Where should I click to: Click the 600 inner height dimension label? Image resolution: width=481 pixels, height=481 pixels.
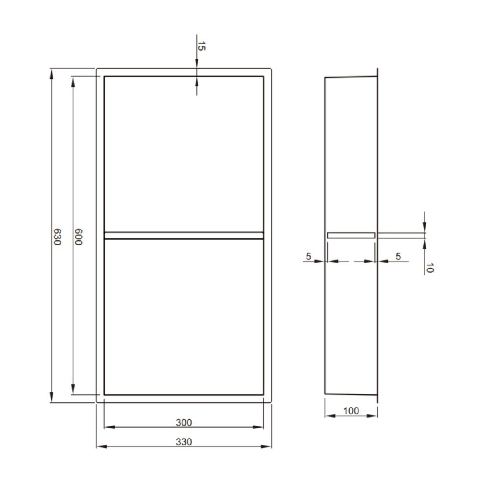pyautogui.click(x=79, y=237)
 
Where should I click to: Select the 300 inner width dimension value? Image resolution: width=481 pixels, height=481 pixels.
pyautogui.click(x=184, y=422)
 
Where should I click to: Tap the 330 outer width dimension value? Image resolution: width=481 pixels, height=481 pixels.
pyautogui.click(x=184, y=442)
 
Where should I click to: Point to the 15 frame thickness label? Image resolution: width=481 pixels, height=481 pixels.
pyautogui.click(x=201, y=46)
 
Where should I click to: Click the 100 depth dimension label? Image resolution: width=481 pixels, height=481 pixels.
pyautogui.click(x=351, y=411)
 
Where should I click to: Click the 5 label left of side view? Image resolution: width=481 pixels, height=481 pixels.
pyautogui.click(x=308, y=256)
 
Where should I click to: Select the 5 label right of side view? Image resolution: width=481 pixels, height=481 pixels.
pyautogui.click(x=398, y=256)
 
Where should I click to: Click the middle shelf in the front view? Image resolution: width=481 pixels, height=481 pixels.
pyautogui.click(x=184, y=236)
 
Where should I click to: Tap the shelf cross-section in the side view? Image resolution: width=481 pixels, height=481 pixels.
pyautogui.click(x=351, y=235)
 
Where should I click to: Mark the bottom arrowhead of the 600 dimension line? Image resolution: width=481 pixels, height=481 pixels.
pyautogui.click(x=73, y=390)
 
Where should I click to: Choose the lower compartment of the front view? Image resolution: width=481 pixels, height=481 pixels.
pyautogui.click(x=184, y=317)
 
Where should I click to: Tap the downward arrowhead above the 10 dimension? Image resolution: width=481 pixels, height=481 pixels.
pyautogui.click(x=425, y=228)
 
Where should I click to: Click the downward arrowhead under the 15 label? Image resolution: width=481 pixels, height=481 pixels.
pyautogui.click(x=197, y=64)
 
